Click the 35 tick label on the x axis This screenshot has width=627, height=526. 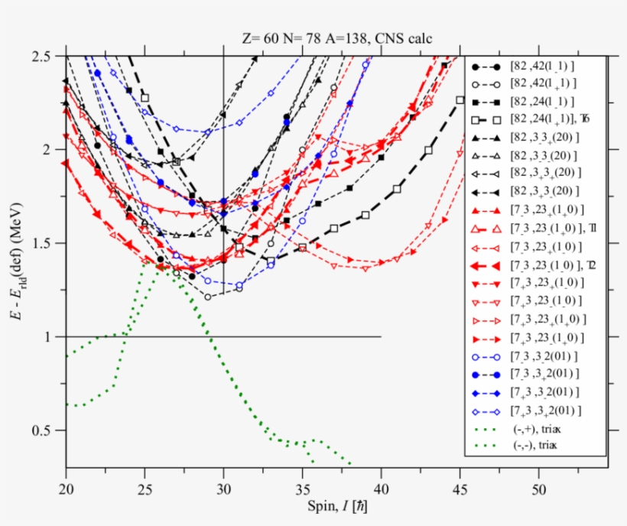[302, 486]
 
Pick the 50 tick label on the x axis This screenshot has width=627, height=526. [538, 486]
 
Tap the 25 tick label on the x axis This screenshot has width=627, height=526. [145, 486]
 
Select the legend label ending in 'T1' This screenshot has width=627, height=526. [544, 229]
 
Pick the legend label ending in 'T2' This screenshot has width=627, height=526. [544, 265]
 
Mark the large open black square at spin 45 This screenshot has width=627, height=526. [460, 99]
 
